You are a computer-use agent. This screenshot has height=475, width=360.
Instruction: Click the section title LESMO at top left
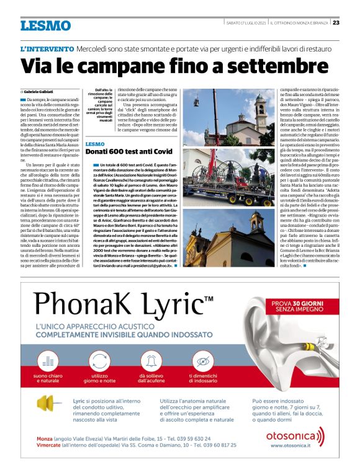click(x=45, y=25)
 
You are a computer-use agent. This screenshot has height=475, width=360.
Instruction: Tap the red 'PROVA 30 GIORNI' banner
click(x=297, y=305)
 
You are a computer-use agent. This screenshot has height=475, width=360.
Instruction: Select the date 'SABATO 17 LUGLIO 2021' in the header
click(x=245, y=23)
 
